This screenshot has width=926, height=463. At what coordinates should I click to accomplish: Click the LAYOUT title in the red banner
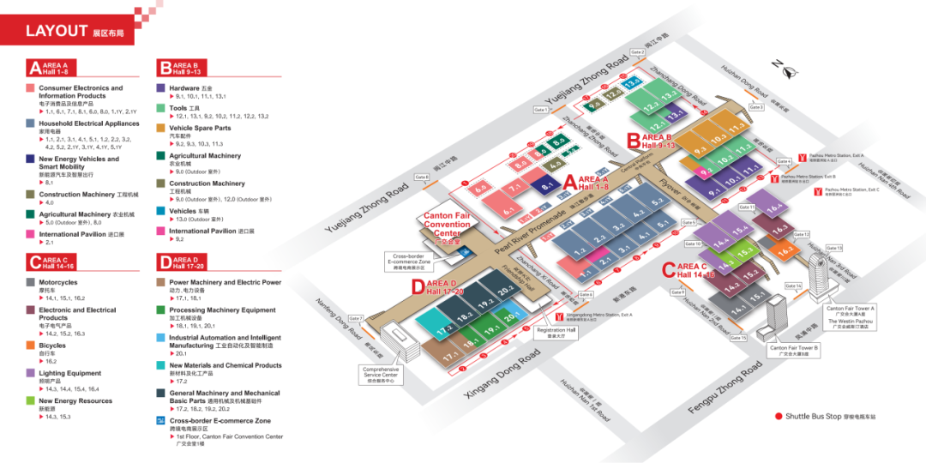(x=57, y=32)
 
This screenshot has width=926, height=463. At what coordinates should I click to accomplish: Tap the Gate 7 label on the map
(x=356, y=318)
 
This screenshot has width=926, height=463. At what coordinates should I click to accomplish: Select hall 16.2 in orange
(x=785, y=250)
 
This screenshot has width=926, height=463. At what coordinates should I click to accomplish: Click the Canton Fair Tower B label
(x=794, y=350)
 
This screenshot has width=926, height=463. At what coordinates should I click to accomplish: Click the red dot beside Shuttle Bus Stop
(x=779, y=416)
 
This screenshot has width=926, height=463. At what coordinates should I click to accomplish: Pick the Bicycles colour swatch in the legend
(x=31, y=346)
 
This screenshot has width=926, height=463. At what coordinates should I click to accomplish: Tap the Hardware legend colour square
(x=160, y=87)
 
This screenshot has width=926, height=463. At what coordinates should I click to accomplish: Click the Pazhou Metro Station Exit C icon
(x=818, y=190)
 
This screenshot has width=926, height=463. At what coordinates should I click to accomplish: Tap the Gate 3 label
(x=755, y=107)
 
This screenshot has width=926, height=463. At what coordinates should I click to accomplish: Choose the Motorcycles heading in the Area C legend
(x=57, y=282)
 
